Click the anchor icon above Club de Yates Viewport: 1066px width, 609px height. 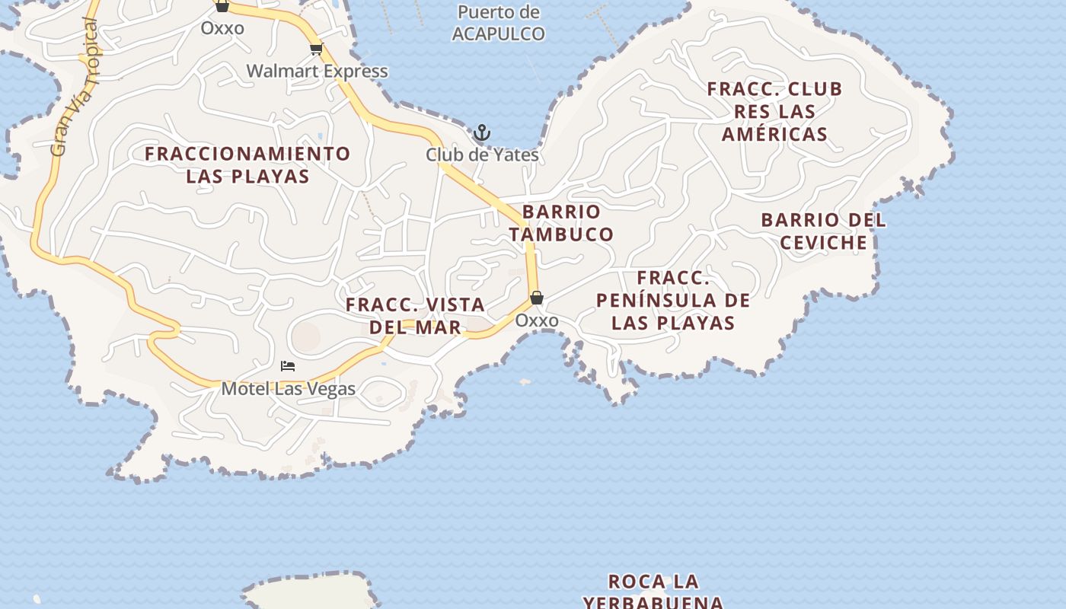(x=481, y=133)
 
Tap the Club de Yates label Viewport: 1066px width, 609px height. (x=482, y=155)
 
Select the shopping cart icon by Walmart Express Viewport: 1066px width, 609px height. (x=316, y=49)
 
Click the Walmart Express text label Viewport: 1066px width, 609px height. (x=317, y=72)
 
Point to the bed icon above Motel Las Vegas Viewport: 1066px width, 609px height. (x=288, y=366)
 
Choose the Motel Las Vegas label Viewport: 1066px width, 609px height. (x=288, y=389)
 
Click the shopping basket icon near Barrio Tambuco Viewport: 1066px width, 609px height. (x=537, y=298)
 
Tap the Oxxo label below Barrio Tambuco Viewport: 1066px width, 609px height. (x=537, y=320)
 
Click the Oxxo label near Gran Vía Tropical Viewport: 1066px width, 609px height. (x=222, y=29)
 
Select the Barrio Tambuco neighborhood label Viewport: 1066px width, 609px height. (x=561, y=223)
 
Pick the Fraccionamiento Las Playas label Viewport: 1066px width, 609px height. (x=247, y=165)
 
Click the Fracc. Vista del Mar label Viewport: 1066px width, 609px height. (x=415, y=316)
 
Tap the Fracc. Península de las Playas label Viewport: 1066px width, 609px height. (x=673, y=300)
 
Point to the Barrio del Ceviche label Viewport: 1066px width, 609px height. (x=824, y=231)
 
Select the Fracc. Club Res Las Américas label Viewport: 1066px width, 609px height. (x=774, y=112)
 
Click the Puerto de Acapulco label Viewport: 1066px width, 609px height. (x=499, y=23)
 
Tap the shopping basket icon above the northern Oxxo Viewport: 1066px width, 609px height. (x=222, y=7)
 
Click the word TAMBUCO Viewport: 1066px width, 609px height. (x=561, y=234)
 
